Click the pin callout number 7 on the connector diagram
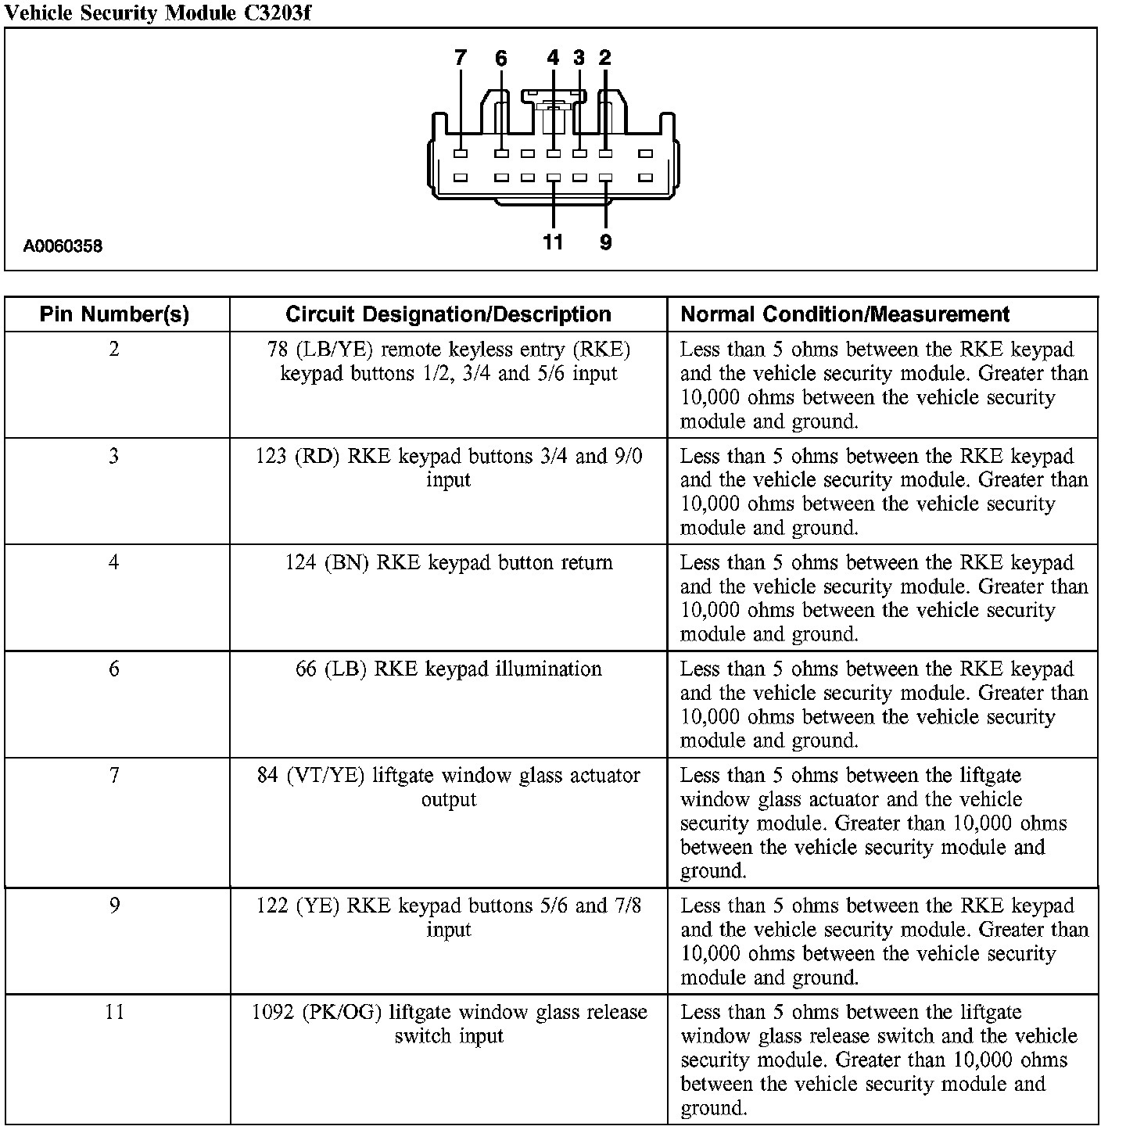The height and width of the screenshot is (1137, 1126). [x=461, y=58]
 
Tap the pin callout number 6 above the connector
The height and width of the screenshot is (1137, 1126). [x=501, y=58]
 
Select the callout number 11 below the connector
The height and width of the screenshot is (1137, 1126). [x=553, y=242]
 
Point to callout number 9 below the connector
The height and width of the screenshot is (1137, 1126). [x=606, y=242]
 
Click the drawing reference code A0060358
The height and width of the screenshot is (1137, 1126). [x=63, y=247]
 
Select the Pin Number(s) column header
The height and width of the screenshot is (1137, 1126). [x=115, y=314]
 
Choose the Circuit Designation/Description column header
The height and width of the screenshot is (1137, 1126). [x=448, y=314]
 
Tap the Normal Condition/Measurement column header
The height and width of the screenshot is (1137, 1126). [x=845, y=314]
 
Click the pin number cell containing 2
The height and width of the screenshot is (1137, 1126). [x=114, y=349]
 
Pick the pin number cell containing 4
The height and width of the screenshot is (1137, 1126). [x=114, y=562]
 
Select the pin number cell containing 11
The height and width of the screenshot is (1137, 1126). [x=114, y=1012]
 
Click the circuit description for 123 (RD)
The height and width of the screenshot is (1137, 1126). [x=449, y=468]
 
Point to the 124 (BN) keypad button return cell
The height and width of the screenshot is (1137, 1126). [x=449, y=563]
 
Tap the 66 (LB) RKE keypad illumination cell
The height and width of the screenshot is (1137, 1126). [x=449, y=669]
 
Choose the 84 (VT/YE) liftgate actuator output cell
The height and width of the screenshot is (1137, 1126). [x=449, y=787]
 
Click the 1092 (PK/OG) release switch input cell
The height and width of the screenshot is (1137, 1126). [x=449, y=1024]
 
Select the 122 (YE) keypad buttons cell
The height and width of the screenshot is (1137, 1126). [x=449, y=917]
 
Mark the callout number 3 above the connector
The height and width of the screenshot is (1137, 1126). [x=579, y=58]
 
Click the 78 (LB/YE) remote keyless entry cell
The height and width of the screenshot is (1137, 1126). [x=449, y=361]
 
